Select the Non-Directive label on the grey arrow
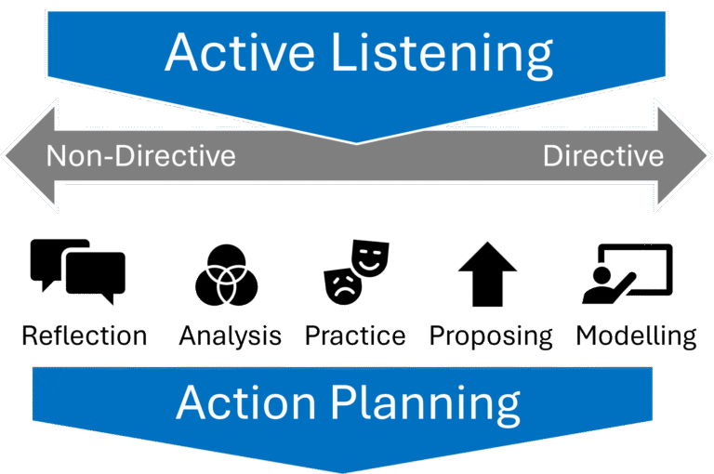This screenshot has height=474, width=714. point(140,155)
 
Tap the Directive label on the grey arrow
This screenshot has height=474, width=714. point(603,155)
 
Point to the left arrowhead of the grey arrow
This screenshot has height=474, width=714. point(23,155)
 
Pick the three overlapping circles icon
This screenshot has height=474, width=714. point(226,276)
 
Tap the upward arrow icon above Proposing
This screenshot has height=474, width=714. point(486,274)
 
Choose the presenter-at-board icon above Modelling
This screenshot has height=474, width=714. point(627,273)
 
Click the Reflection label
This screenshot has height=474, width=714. point(85,336)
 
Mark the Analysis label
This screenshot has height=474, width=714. point(231,336)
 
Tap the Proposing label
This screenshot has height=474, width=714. point(491,336)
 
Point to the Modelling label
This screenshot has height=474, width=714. point(636,336)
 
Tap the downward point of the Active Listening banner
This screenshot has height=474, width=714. point(358,139)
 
